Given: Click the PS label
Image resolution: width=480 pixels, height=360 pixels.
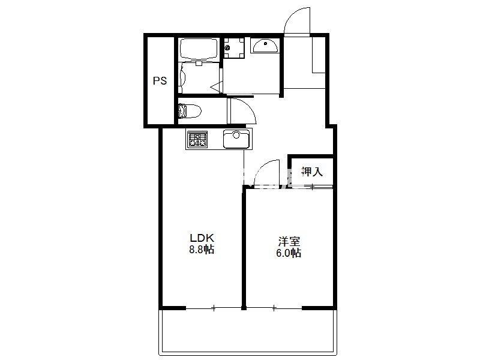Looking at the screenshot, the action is (160, 81).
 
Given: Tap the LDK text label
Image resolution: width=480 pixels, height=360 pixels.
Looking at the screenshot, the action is (202, 238).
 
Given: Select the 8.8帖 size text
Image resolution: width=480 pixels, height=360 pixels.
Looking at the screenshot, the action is (202, 250).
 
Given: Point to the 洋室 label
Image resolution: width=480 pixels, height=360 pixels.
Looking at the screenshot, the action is (289, 242).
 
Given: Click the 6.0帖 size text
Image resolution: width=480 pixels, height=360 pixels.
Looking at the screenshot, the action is (289, 253).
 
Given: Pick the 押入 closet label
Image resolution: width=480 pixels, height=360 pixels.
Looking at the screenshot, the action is (312, 172).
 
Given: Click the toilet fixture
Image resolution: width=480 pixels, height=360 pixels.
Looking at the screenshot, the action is (190, 111).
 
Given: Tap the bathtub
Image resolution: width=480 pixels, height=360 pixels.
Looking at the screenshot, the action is (199, 50).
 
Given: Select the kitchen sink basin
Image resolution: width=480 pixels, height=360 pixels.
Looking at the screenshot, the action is (236, 139).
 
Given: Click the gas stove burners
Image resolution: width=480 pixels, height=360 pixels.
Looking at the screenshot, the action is (197, 139).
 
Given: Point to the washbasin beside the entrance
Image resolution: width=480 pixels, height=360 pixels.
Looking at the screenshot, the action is (265, 46).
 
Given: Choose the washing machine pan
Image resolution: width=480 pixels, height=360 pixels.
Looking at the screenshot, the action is (234, 48).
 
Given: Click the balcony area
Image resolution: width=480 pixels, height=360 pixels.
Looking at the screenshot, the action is (247, 332).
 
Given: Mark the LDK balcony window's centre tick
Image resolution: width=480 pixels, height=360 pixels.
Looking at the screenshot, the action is (214, 308).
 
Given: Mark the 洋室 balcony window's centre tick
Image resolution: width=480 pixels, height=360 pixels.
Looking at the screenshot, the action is (274, 308).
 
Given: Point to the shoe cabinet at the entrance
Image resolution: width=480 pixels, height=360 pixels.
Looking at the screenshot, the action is (319, 55).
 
